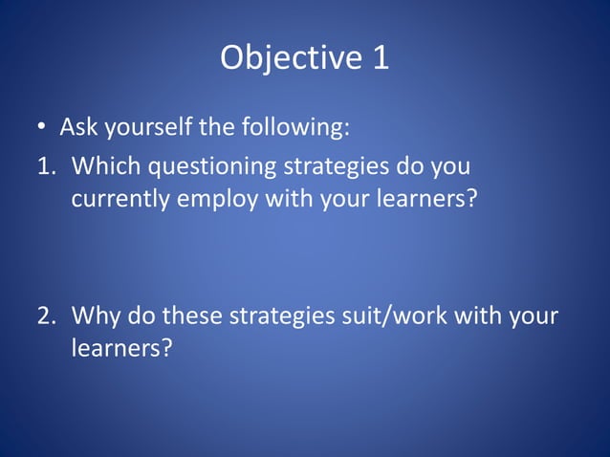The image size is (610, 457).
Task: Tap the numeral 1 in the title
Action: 380,58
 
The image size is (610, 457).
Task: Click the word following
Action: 291,127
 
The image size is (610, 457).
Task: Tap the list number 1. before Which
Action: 47,166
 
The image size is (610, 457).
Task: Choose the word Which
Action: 103,166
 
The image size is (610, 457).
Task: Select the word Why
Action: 94,315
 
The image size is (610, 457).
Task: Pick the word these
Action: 193,315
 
